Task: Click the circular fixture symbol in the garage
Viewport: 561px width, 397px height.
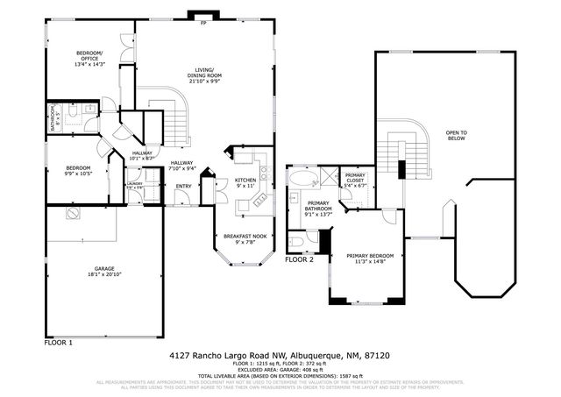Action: [x=68, y=213]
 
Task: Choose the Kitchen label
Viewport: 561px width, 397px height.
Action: [x=245, y=179]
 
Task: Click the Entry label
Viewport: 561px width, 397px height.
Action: [x=183, y=186]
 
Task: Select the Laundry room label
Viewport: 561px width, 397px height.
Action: [x=134, y=184]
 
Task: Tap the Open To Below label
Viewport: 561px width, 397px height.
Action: [x=456, y=135]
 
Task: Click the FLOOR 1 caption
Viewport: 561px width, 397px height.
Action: [x=58, y=342]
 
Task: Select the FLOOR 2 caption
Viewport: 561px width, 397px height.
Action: [x=300, y=260]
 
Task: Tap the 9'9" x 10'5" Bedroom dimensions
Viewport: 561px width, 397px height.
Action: [x=79, y=174]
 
